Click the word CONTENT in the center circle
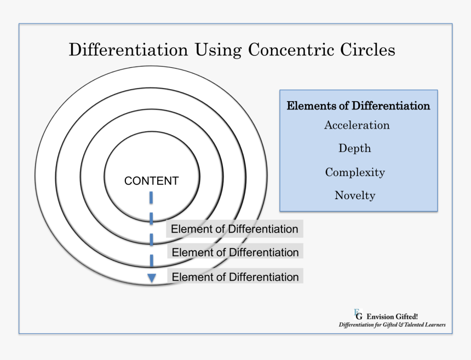click(152, 181)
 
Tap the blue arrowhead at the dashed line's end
click(152, 278)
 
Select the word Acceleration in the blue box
click(357, 125)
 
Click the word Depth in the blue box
click(354, 148)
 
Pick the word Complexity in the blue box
click(355, 172)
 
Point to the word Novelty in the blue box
click(355, 195)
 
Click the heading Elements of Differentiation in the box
click(358, 106)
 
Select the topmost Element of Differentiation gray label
click(234, 229)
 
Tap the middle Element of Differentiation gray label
click(235, 253)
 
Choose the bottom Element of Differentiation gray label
click(235, 277)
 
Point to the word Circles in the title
click(367, 50)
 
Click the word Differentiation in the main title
click(128, 50)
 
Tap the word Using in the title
click(217, 50)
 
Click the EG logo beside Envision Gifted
click(358, 314)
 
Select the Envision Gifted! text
click(393, 316)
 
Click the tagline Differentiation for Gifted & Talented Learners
click(392, 324)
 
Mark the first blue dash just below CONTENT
click(152, 196)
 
